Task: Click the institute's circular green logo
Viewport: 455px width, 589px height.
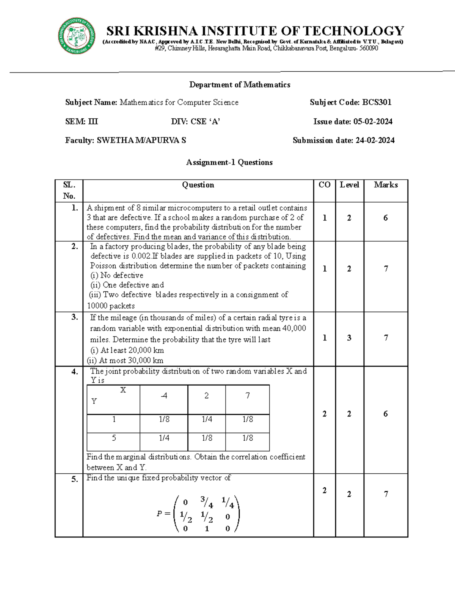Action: [77, 36]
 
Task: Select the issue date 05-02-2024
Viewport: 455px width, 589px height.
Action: [373, 122]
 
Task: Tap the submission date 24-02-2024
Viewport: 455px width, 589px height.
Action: [375, 141]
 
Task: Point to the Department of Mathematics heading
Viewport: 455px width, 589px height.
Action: [240, 85]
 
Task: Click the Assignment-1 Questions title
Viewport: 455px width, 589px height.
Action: [229, 162]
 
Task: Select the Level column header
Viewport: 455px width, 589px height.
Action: [349, 185]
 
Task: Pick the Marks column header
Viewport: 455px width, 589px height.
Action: [386, 185]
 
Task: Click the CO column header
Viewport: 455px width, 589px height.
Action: [324, 185]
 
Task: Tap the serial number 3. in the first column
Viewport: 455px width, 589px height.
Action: [75, 317]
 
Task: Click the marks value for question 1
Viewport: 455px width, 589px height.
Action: [385, 218]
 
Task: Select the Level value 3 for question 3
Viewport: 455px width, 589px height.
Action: [349, 338]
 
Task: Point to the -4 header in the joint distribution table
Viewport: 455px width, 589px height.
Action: [164, 396]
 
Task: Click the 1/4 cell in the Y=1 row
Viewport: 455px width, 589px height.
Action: [207, 419]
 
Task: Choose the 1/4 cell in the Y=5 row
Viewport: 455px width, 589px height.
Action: [164, 438]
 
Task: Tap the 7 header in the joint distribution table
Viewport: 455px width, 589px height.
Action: [247, 396]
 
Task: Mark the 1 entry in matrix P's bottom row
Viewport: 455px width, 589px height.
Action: [207, 529]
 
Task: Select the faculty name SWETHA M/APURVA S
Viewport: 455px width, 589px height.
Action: [141, 141]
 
